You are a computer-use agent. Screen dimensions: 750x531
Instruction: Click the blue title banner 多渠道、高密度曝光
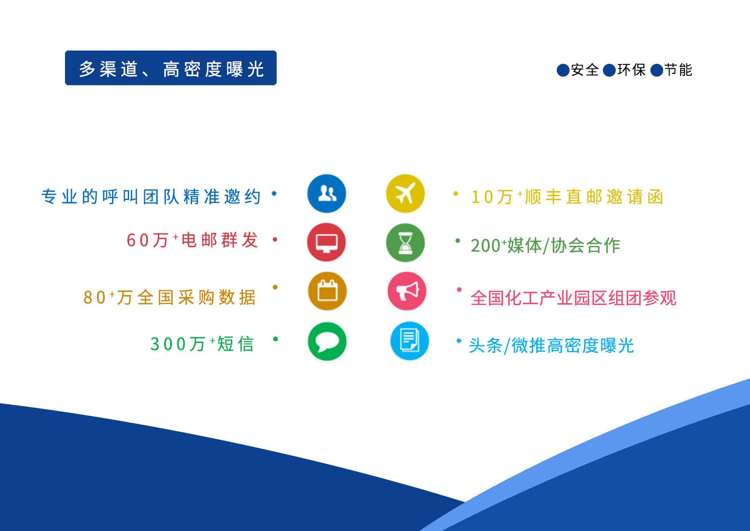click(171, 68)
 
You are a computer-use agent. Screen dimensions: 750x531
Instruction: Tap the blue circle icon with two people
click(327, 194)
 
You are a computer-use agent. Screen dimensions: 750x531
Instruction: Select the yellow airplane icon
click(405, 194)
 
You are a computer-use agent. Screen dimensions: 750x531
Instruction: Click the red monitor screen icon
click(327, 242)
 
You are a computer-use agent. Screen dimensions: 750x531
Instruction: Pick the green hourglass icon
click(405, 242)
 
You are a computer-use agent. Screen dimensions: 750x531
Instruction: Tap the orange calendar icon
click(327, 291)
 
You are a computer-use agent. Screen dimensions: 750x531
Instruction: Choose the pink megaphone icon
click(407, 291)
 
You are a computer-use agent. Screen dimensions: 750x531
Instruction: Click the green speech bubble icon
click(327, 341)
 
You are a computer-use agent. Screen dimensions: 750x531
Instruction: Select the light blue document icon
click(410, 341)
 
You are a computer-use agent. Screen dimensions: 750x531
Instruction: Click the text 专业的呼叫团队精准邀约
click(151, 197)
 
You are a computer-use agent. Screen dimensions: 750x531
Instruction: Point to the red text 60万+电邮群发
click(192, 240)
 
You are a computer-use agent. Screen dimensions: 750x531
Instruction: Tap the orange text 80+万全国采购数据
click(169, 297)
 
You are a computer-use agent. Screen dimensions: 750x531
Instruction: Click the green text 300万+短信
click(202, 344)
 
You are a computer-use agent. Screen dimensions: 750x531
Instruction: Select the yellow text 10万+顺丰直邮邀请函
click(567, 197)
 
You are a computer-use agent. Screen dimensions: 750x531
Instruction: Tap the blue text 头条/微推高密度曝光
click(551, 346)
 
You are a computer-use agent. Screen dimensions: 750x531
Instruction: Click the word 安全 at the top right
click(585, 70)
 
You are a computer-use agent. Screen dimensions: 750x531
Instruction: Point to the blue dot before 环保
click(609, 70)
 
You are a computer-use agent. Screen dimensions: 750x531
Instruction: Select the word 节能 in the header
click(678, 70)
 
